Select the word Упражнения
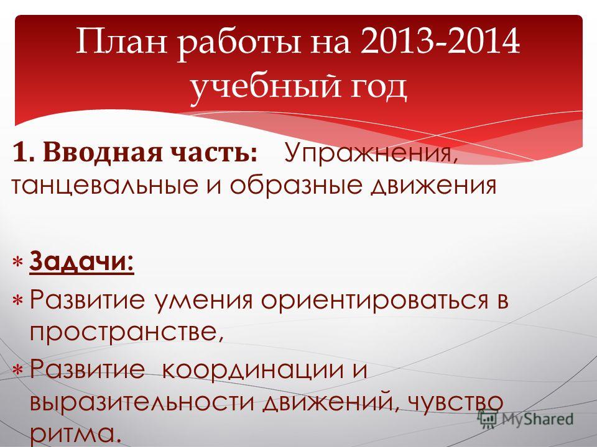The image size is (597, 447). [371, 153]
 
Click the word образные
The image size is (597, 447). [295, 186]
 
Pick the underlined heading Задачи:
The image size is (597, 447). [81, 261]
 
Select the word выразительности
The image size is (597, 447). [142, 402]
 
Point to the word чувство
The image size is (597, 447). [455, 402]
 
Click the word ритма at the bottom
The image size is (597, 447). [76, 435]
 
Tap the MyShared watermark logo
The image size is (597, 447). [526, 419]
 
